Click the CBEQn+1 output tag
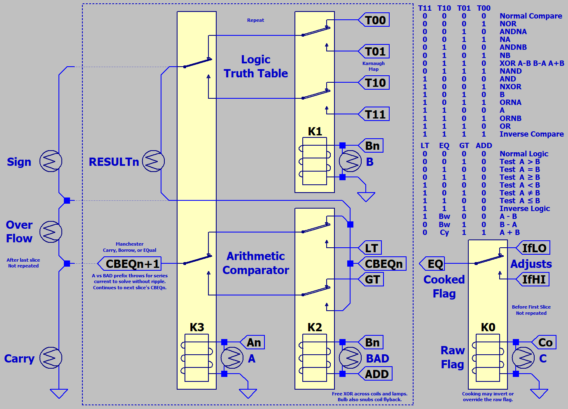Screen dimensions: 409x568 (x=131, y=264)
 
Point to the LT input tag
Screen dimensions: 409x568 (x=371, y=248)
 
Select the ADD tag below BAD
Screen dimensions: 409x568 (x=376, y=374)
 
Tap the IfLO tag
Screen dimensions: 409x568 (x=534, y=248)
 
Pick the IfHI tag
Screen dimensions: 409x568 (x=533, y=280)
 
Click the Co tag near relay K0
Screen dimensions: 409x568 (x=545, y=342)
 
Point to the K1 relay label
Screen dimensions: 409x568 (x=315, y=131)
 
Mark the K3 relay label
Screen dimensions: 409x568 (x=197, y=327)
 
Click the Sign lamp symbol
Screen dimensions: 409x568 (x=51, y=161)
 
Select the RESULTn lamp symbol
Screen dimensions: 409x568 (x=153, y=161)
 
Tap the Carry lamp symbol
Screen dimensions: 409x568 (x=51, y=358)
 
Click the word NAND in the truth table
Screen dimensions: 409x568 (x=510, y=71)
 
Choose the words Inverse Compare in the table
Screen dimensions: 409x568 (x=531, y=134)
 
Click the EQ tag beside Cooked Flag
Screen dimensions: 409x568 (x=435, y=264)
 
